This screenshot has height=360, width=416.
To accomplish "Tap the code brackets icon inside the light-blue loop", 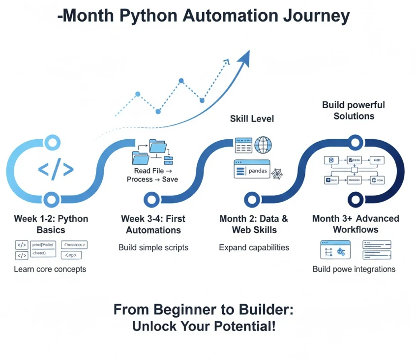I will click(x=56, y=170).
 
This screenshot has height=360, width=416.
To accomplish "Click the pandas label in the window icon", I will click(x=257, y=171).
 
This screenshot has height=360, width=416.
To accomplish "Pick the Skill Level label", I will click(x=252, y=119).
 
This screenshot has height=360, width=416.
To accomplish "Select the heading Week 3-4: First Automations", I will click(x=153, y=224).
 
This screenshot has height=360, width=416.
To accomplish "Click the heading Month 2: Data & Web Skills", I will click(x=254, y=224).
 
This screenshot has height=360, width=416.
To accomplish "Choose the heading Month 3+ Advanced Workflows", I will click(x=356, y=224).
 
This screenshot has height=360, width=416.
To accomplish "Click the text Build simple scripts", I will click(x=153, y=247).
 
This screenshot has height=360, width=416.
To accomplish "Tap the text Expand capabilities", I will click(x=254, y=247).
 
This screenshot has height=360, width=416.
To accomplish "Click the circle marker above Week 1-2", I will click(x=50, y=200).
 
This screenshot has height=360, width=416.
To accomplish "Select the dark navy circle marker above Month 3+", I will click(x=355, y=200).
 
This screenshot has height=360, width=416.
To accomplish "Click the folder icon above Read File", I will click(x=157, y=148).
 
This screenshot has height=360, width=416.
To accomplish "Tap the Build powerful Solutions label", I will click(x=354, y=111).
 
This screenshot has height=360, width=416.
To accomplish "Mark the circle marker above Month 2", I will click(x=252, y=200).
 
